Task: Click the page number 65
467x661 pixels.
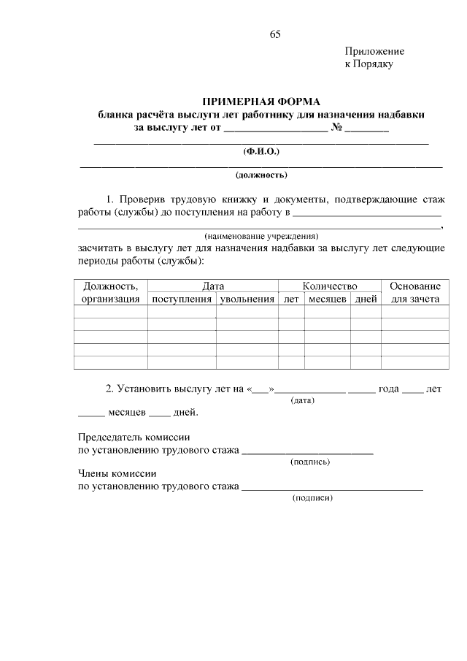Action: coord(275,34)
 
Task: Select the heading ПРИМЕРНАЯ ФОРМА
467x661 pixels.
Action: coord(261,101)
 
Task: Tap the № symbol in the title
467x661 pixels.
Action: coord(336,128)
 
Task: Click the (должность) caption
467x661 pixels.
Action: coord(261,175)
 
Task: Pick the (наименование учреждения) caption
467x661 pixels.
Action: coord(261,236)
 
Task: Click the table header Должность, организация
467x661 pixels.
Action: coord(111,292)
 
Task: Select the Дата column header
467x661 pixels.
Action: coord(213,286)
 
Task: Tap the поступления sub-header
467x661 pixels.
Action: coord(182,299)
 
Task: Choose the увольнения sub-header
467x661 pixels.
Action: coord(247,299)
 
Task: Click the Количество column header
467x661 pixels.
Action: coord(329,286)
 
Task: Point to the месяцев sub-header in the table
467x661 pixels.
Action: coord(328,299)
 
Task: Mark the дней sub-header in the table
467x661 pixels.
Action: coord(366,299)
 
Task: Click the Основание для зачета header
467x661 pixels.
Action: coord(414,292)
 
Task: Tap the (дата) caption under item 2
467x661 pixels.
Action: coord(302,401)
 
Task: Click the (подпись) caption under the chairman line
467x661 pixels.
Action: coord(310,462)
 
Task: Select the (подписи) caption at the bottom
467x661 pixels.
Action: coord(312,498)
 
